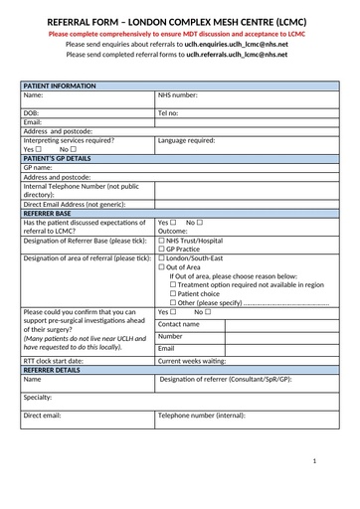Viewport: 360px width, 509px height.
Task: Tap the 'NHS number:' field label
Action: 178,95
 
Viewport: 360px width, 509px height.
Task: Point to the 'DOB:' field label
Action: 31,113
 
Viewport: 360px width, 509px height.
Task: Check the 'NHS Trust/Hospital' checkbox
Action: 162,241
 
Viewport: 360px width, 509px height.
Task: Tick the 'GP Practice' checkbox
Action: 162,250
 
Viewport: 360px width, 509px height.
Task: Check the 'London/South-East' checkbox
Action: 162,258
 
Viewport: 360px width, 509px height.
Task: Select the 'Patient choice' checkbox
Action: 173,293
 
